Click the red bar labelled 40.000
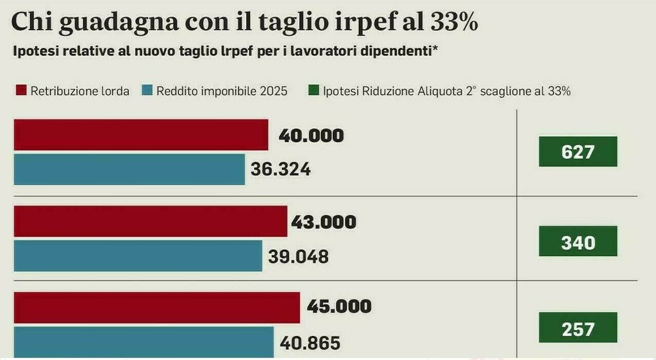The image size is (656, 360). pos(141,135)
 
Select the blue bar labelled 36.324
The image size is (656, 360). pos(129,169)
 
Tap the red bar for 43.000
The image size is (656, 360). pos(150,222)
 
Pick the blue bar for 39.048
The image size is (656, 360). pos(138,256)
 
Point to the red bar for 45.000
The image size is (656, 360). pos(157,308)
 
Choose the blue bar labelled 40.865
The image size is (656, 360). pos(143,342)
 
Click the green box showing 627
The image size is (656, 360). pos(578,152)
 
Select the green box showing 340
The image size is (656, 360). pos(578,242)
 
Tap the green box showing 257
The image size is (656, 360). pos(578,328)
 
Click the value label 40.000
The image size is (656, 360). pos(311,136)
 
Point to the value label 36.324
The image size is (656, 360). pos(280,170)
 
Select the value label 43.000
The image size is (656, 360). pos(323,222)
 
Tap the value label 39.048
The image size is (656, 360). pos(298,256)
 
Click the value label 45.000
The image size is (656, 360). pos(339,307)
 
